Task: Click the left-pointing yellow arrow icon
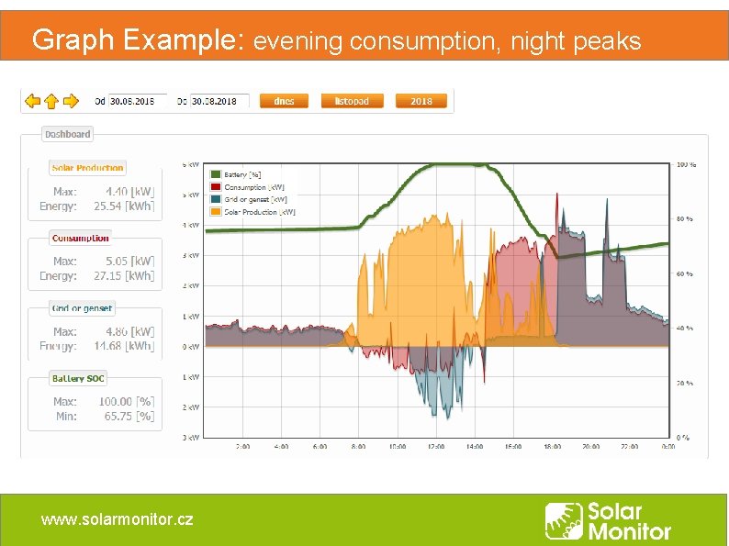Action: tap(32, 100)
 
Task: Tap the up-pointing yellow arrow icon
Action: tap(52, 100)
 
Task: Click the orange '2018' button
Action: tap(421, 101)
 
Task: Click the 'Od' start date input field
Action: tap(138, 101)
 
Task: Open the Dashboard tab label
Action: tap(68, 134)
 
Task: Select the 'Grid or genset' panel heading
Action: tap(83, 308)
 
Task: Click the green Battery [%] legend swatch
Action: tap(216, 173)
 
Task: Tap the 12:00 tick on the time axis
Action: tap(436, 447)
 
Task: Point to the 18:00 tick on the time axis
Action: tap(552, 447)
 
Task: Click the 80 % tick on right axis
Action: tap(685, 219)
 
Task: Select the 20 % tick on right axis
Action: tap(685, 383)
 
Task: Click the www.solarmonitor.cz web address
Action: tap(117, 519)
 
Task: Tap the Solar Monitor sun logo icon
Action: tap(563, 520)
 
